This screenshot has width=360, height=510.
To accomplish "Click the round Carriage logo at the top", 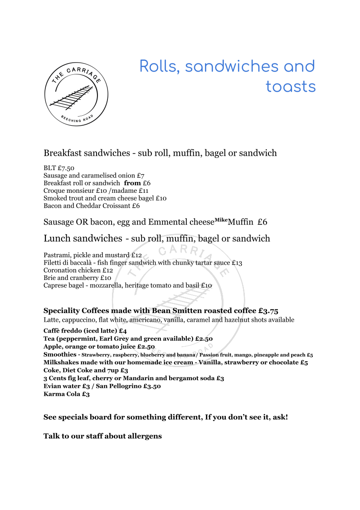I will point(76,94).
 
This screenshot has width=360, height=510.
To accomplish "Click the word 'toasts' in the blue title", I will point(291,86).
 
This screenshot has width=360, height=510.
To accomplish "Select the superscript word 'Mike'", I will point(221,220).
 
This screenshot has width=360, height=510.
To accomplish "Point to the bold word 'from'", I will point(132,183).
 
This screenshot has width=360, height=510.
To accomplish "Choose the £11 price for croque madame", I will point(143,191).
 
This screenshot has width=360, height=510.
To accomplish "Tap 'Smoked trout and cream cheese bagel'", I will point(99,198).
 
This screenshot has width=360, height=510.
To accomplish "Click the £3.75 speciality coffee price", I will point(268,311).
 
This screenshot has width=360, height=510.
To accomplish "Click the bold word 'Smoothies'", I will point(60,354).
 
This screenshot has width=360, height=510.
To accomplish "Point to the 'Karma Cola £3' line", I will point(67,394).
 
